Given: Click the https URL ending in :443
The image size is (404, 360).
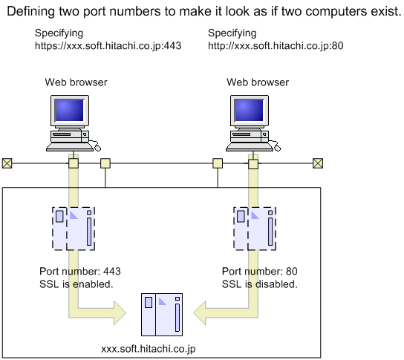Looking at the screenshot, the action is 108,46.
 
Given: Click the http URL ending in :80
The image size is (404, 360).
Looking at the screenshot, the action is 276,46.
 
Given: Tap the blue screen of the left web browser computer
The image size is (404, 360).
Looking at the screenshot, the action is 70,110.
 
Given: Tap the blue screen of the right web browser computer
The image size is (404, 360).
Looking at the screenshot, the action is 249,110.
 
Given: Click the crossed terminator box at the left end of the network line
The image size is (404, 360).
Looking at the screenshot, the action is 7,163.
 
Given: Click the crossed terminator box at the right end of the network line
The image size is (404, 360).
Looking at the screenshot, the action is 318,163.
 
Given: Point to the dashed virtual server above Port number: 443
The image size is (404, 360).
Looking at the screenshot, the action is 74,229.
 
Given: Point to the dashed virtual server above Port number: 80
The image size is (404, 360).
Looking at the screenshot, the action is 255,229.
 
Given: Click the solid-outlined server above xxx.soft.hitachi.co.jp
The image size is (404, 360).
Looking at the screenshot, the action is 162,315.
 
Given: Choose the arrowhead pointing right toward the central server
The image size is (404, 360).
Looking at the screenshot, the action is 120,313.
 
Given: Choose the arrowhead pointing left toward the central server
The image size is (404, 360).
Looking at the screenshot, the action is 200,313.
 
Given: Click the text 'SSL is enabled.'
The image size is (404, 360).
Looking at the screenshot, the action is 76,284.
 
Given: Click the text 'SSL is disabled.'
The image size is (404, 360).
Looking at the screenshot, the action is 260,284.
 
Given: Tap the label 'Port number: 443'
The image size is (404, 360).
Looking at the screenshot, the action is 80,272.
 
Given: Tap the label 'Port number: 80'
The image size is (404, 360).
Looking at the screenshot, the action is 260,272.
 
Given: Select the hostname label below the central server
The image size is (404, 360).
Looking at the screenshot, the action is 149,349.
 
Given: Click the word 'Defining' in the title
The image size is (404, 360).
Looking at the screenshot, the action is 31,12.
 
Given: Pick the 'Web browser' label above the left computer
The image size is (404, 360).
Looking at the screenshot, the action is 76,82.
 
